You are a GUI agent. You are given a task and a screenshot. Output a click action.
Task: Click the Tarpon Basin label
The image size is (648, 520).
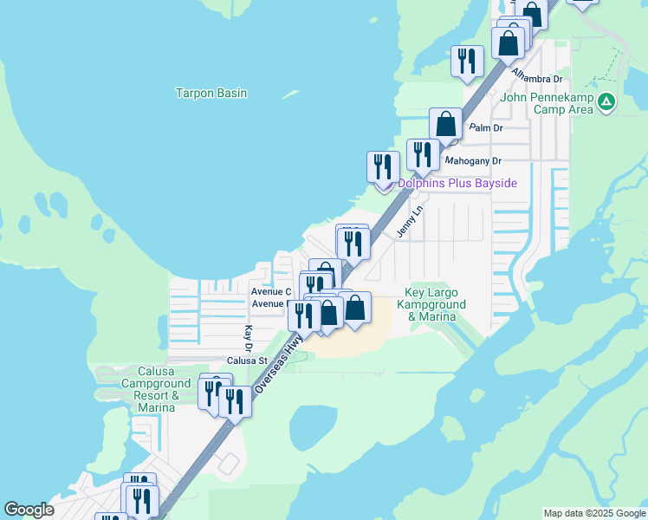[x=211, y=93]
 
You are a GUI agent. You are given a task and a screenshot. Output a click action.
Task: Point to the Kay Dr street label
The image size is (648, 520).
[x=248, y=333]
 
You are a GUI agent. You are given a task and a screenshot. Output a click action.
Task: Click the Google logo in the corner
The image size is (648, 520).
[x=29, y=510]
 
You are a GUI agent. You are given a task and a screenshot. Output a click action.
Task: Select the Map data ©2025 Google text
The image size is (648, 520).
[x=594, y=513]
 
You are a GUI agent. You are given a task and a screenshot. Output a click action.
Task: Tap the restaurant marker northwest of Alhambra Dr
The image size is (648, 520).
[x=467, y=61]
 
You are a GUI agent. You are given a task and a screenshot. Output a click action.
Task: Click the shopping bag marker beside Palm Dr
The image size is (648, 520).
[x=446, y=124]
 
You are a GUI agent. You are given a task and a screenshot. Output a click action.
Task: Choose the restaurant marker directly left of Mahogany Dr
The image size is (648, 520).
[x=423, y=155]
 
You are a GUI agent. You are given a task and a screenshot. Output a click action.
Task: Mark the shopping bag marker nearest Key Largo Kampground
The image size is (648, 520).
[x=354, y=308]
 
